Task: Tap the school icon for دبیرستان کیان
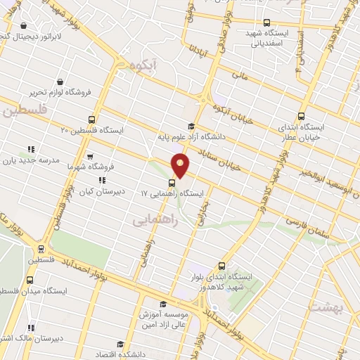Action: tap(103, 180)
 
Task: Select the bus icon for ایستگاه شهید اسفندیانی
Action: tap(266, 22)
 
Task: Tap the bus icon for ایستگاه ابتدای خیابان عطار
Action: tap(302, 117)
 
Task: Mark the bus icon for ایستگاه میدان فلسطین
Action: tap(29, 280)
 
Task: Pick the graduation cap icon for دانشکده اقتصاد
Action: tap(120, 344)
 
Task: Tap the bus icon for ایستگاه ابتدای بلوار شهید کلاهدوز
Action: tap(222, 266)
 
